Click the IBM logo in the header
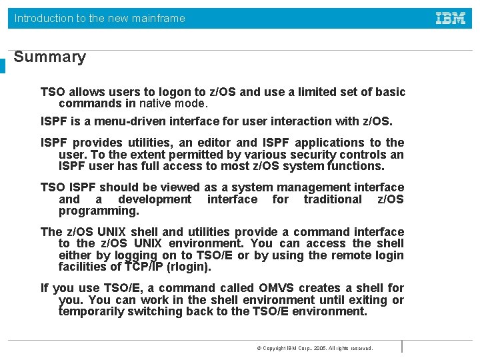coord(451,18)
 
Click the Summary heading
coord(50,57)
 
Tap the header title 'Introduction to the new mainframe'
coord(100,18)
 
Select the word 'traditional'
coord(332,199)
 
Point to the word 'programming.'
coord(99,211)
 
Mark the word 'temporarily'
coord(95,311)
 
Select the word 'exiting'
coord(369,300)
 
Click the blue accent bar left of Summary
coord(3,66)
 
